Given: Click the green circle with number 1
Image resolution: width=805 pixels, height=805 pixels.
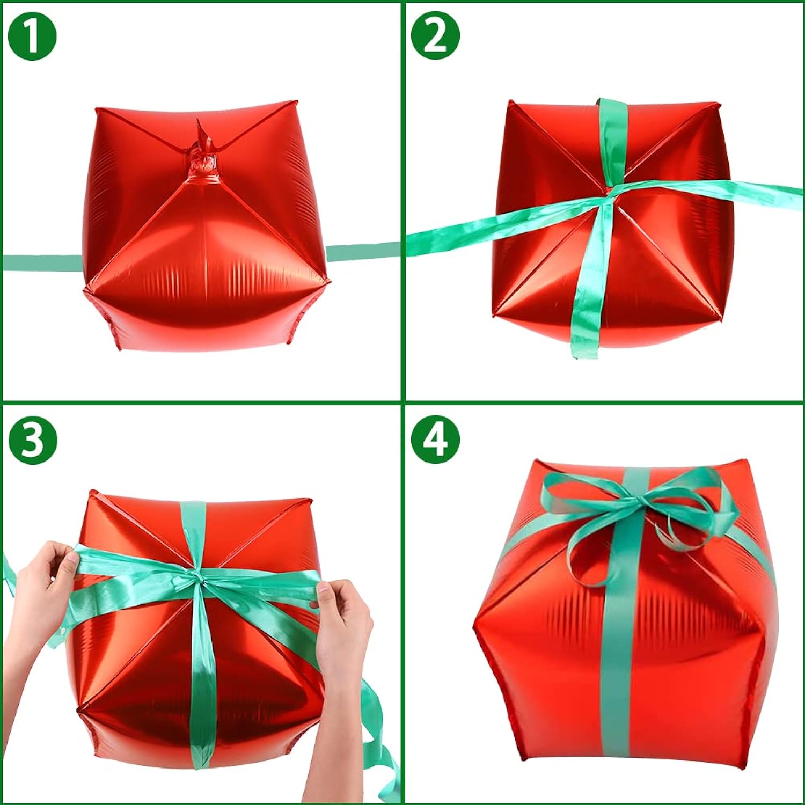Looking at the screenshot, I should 32,36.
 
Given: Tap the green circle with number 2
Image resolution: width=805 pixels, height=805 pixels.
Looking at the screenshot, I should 435,36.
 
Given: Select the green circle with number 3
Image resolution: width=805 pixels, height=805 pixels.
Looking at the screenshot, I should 32,440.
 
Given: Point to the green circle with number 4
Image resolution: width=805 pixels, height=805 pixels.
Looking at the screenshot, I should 435,440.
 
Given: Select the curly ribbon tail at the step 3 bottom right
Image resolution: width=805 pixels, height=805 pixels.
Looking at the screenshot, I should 384,751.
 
